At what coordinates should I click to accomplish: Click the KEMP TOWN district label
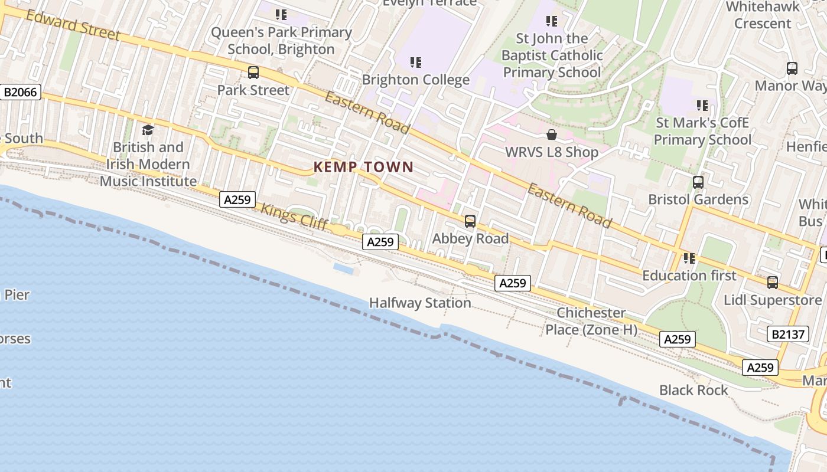click(363, 167)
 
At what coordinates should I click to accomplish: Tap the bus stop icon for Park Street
click(253, 73)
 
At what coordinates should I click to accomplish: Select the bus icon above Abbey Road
click(470, 221)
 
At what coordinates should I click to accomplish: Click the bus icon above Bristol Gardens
click(698, 182)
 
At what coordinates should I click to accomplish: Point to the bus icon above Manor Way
click(792, 68)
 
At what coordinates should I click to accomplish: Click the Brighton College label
click(415, 80)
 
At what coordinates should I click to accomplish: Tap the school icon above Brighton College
click(415, 62)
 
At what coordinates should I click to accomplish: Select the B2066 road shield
click(21, 92)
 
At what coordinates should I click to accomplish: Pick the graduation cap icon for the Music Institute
click(148, 130)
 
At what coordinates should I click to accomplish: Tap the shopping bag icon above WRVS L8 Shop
click(551, 135)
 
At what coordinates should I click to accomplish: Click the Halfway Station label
click(420, 303)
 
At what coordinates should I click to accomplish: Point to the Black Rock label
click(693, 390)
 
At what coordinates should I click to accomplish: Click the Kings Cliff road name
click(294, 217)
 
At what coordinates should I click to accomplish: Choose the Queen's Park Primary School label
click(281, 41)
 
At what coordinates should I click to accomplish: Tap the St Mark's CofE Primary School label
click(702, 132)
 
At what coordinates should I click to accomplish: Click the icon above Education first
click(689, 258)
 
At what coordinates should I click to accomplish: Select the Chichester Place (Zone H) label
click(591, 321)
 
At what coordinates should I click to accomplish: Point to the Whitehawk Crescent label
click(763, 15)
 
